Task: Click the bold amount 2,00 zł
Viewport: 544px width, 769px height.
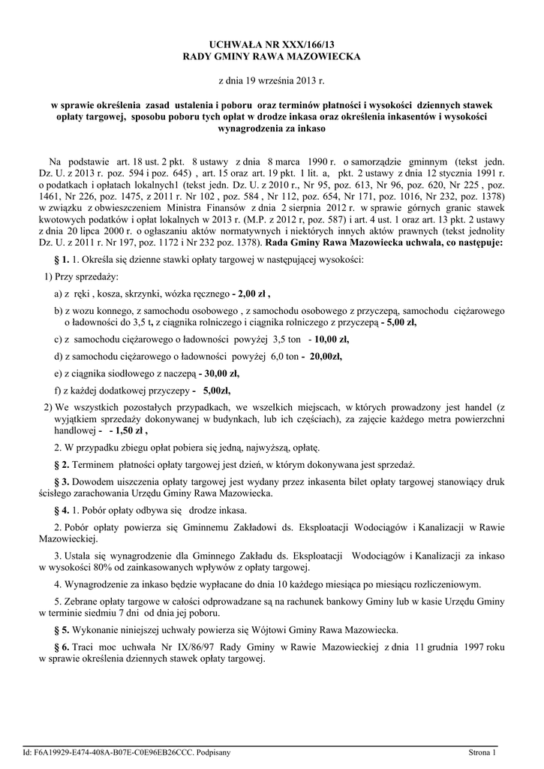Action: [251, 294]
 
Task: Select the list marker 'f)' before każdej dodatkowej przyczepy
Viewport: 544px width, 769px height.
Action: [58, 391]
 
